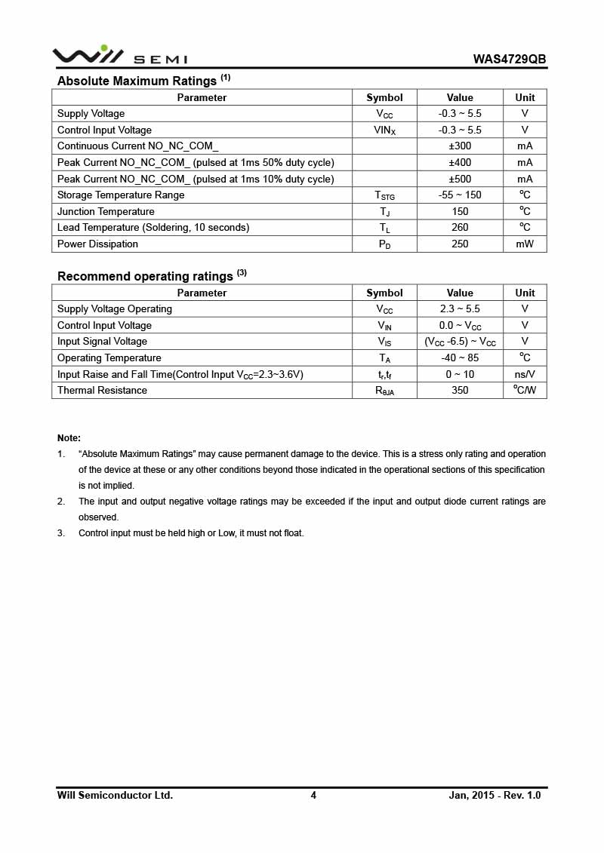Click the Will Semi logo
[119, 56]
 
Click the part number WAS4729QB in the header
[510, 60]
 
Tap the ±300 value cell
[459, 146]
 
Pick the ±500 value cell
[459, 179]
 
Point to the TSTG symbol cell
[384, 195]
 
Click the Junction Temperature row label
[106, 212]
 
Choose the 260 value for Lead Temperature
[459, 228]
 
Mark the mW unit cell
[525, 244]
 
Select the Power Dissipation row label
[97, 244]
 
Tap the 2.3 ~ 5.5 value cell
[459, 309]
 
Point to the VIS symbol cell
[384, 342]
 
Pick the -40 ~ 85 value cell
[459, 358]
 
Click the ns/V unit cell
[525, 375]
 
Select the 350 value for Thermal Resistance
[459, 391]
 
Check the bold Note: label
[69, 438]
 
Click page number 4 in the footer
[313, 795]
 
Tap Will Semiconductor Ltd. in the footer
[115, 795]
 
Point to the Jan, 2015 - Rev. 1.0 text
[495, 795]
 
